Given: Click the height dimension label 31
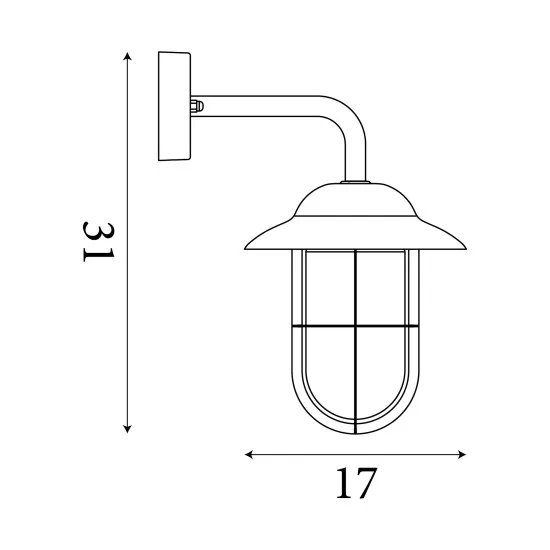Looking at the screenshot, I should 97,242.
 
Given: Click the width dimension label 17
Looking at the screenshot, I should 356,484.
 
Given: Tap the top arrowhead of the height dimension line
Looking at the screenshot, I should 127,56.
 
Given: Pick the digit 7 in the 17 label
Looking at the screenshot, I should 367,484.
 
